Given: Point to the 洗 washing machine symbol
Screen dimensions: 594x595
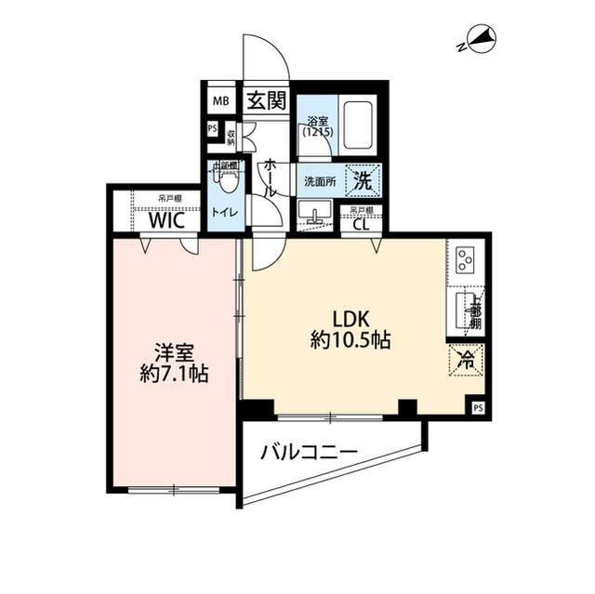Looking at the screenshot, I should (x=364, y=181).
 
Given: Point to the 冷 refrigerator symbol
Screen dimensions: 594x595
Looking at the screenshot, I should (x=464, y=360).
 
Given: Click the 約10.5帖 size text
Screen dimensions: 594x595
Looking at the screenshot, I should (x=350, y=341).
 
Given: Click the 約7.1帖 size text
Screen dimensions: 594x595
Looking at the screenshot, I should (x=173, y=376).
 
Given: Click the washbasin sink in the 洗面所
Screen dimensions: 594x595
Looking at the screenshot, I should (x=318, y=218).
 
